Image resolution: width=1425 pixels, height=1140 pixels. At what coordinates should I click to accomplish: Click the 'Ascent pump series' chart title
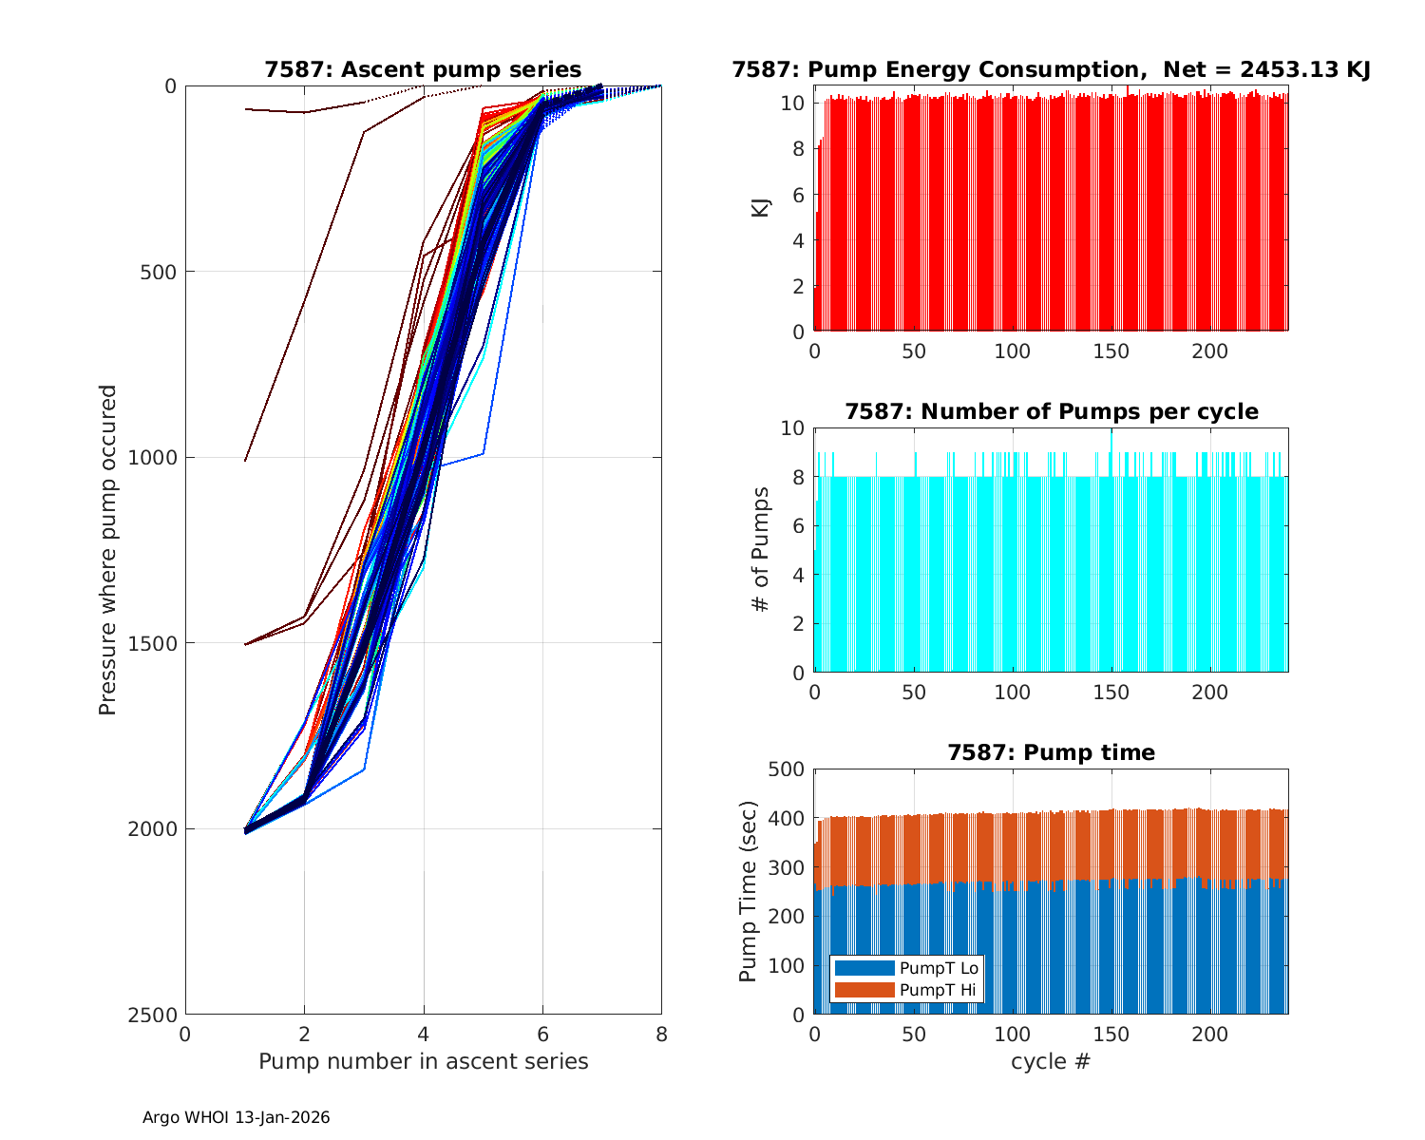[423, 69]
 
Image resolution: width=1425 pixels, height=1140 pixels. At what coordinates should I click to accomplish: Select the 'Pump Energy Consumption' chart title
[1051, 69]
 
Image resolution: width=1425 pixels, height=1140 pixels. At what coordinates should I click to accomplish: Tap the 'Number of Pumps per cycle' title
[1051, 411]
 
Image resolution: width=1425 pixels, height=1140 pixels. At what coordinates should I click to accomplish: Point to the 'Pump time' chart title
[1051, 752]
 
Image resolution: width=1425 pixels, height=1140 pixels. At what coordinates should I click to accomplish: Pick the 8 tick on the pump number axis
[661, 1034]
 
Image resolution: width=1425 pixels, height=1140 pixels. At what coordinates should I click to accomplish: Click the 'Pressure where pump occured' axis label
[108, 550]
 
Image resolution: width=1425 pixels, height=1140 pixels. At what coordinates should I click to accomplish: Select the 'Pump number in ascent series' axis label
[423, 1061]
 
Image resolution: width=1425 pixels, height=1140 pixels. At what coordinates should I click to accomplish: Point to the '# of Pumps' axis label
[760, 549]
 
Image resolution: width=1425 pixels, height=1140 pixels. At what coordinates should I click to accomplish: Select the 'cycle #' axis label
[1051, 1061]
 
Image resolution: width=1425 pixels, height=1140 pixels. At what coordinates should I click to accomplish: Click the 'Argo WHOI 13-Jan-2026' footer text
[236, 1118]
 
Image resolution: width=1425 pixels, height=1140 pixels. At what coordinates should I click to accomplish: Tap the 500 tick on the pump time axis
[788, 769]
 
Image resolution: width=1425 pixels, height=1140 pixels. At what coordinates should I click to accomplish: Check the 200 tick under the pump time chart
[1209, 1034]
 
